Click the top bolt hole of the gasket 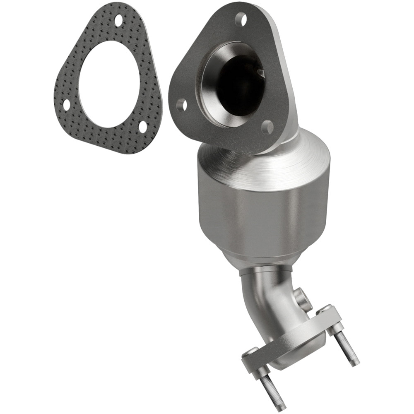(119, 19)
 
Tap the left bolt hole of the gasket (66, 105)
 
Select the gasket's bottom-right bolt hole (143, 127)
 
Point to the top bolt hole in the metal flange (240, 18)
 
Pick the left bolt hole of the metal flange (181, 105)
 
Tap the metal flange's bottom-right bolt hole (267, 128)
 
